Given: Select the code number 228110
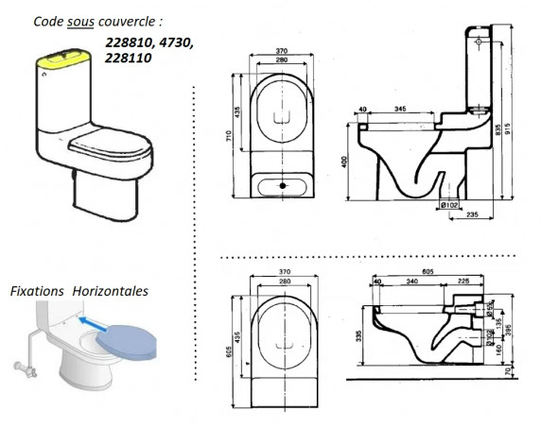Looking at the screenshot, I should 131,59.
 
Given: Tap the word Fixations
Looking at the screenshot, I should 37,291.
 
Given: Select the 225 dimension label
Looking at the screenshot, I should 462,282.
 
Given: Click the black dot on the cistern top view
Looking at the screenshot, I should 283,186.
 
